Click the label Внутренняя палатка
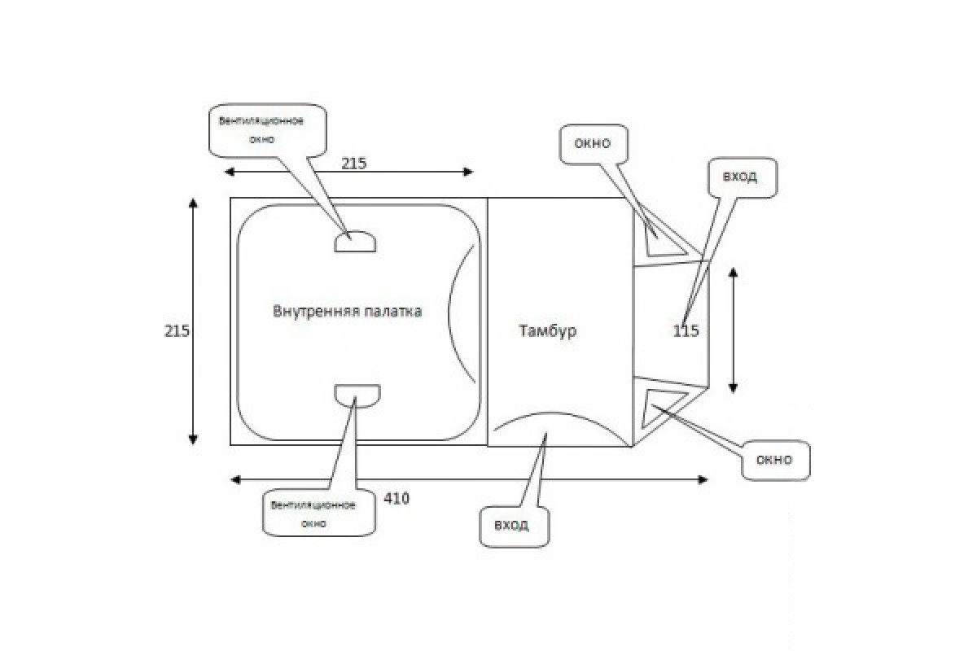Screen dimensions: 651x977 (348, 312)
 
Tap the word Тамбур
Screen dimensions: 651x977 (546, 331)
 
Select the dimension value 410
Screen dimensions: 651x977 (396, 498)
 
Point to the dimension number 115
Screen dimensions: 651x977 (686, 331)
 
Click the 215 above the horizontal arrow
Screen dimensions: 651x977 (353, 163)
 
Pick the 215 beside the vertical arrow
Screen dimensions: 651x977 (177, 331)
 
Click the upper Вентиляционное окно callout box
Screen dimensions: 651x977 (267, 130)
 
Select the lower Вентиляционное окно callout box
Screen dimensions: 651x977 (313, 513)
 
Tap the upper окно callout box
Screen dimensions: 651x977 (593, 145)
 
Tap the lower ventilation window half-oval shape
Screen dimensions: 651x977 (357, 395)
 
